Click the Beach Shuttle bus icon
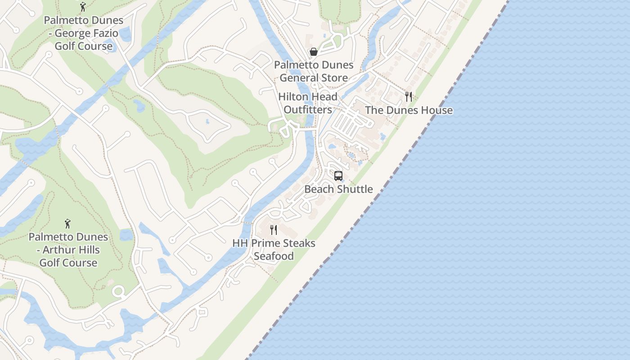pyautogui.click(x=338, y=176)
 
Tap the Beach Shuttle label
pyautogui.click(x=338, y=189)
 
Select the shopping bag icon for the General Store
pyautogui.click(x=314, y=52)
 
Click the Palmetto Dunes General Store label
pyautogui.click(x=314, y=72)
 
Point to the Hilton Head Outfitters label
pyautogui.click(x=308, y=103)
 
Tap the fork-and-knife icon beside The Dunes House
pyautogui.click(x=409, y=96)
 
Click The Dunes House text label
pyautogui.click(x=409, y=110)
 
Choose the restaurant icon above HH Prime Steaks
pyautogui.click(x=274, y=230)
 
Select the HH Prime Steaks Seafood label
pyautogui.click(x=274, y=249)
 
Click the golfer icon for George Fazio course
pyautogui.click(x=83, y=7)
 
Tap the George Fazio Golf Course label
pyautogui.click(x=83, y=33)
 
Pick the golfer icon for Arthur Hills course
pyautogui.click(x=68, y=223)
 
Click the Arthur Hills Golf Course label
pyautogui.click(x=68, y=250)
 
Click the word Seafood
pyautogui.click(x=274, y=256)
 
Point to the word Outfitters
pyautogui.click(x=308, y=110)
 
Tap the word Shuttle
pyautogui.click(x=354, y=189)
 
